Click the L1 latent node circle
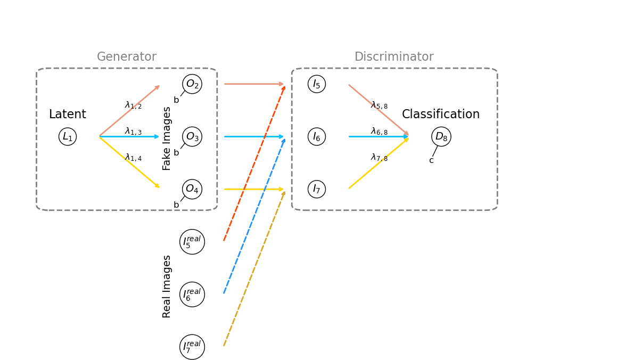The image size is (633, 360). (68, 136)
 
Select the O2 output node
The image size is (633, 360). (192, 84)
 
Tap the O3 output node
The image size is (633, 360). (192, 136)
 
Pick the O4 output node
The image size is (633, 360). (192, 189)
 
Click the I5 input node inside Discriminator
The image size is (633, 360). (317, 84)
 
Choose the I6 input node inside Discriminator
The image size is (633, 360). (317, 136)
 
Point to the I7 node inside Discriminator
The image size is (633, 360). (317, 189)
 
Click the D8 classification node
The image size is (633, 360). (441, 136)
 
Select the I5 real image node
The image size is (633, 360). (192, 242)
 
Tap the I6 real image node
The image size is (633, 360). (192, 294)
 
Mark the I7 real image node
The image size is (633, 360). (192, 347)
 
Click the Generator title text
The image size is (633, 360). (127, 57)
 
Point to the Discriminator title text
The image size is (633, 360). (394, 57)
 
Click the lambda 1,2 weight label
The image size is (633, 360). (133, 105)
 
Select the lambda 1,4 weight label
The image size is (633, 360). (133, 158)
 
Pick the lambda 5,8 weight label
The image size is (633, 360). (379, 105)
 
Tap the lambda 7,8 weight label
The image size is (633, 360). (379, 158)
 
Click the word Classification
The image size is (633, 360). (441, 114)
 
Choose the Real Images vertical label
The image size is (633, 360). (167, 286)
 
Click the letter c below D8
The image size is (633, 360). (431, 160)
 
